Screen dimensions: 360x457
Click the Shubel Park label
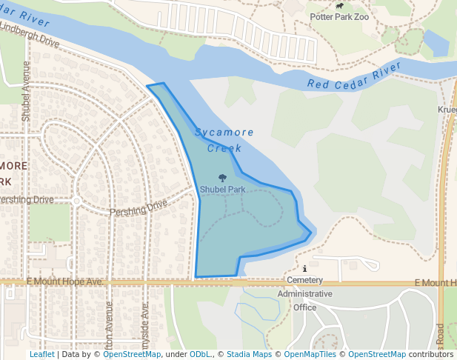pos(222,190)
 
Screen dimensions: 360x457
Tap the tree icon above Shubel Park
pos(222,178)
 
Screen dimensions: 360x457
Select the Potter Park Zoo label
pos(338,16)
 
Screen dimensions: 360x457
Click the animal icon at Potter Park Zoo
pos(339,6)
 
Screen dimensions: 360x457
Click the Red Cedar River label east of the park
pos(354,76)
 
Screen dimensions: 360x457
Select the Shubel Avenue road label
pos(26,90)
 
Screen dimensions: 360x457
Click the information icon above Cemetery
pos(305,269)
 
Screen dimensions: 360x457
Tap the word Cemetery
pos(305,281)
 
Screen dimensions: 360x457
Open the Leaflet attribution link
pos(42,354)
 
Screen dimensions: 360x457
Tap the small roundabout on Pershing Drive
pos(76,201)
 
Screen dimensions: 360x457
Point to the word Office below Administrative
pos(304,307)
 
